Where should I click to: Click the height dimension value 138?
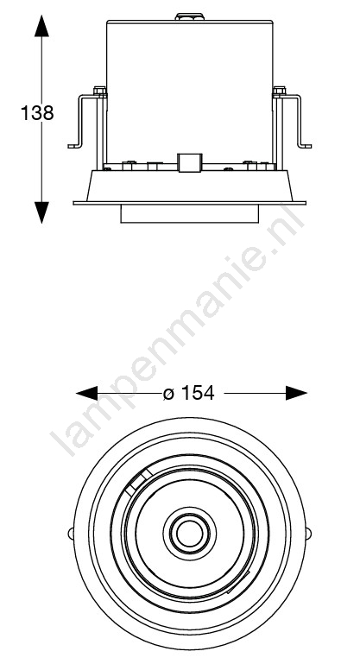[x=37, y=113]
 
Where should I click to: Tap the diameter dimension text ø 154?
[x=189, y=393]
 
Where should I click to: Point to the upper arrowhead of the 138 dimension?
[x=41, y=25]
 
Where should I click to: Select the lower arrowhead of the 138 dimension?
[x=41, y=212]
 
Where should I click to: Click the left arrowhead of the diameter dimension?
[x=87, y=393]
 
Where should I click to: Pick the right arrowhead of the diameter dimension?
[x=296, y=393]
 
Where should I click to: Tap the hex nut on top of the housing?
[x=189, y=17]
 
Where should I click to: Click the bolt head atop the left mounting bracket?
[x=99, y=90]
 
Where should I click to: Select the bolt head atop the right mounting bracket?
[x=279, y=90]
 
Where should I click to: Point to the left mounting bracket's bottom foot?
[x=75, y=146]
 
